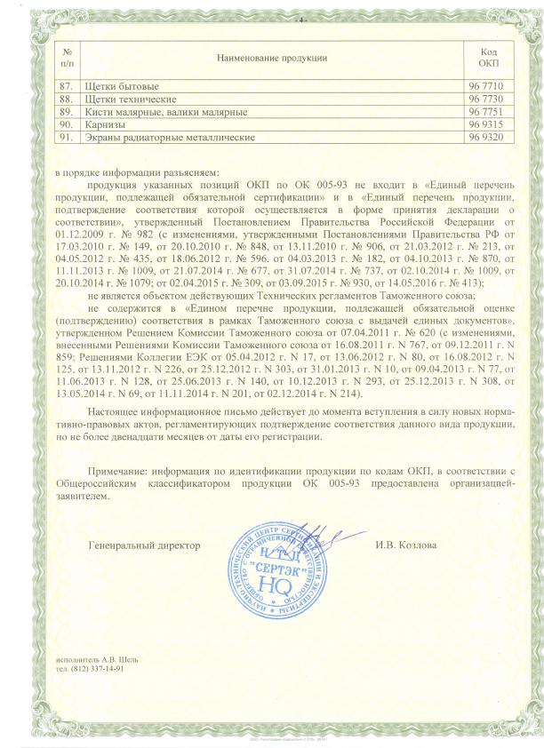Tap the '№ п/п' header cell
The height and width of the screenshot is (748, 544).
(67, 57)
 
